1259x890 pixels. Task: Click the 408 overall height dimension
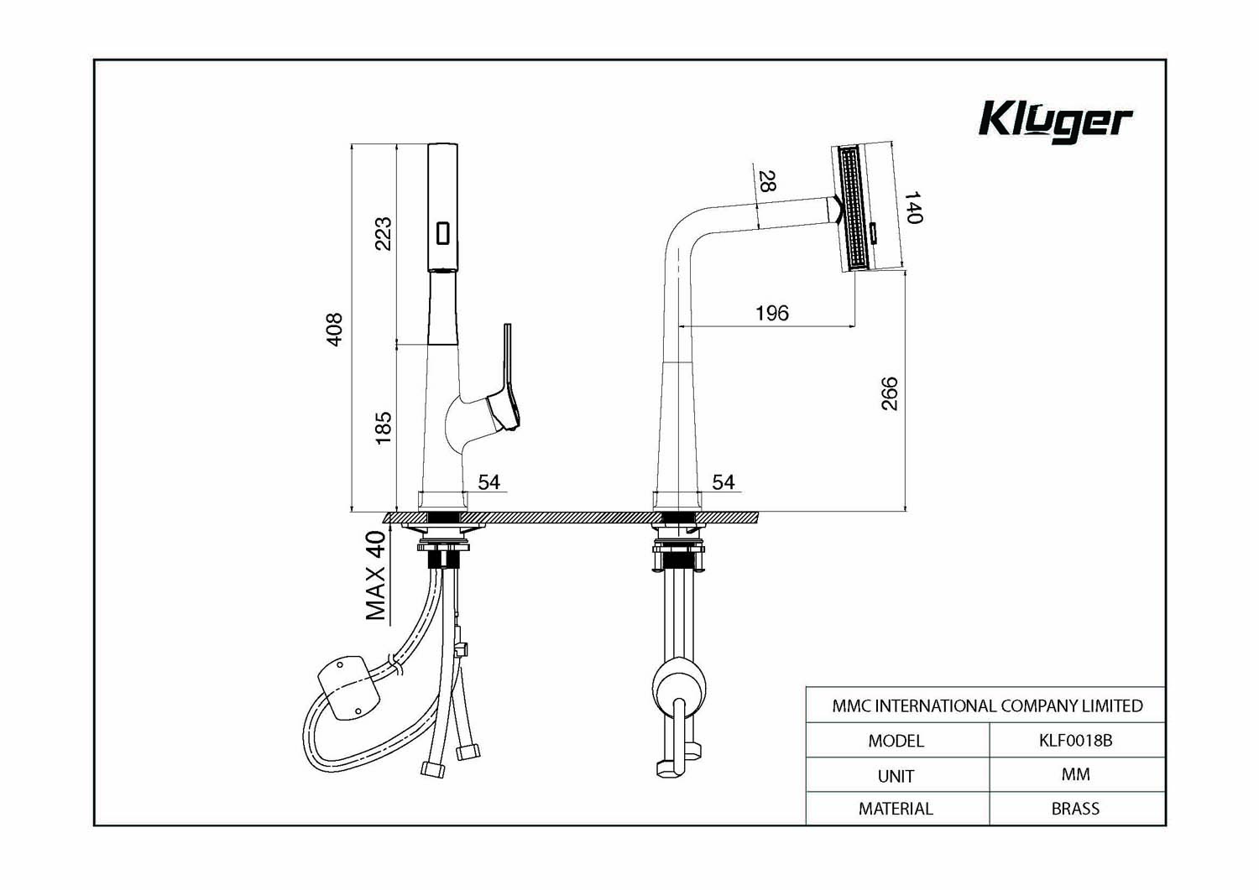pos(334,330)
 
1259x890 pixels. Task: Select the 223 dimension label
pos(383,233)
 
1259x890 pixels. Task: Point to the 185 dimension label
pos(383,428)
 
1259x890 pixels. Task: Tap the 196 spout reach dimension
pos(771,313)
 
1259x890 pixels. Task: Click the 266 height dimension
pos(889,393)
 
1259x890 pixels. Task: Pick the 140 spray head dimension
pos(913,207)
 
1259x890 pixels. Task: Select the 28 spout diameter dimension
pos(767,181)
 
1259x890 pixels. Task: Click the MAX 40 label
pos(376,575)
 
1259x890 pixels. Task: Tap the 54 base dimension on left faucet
pos(489,482)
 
